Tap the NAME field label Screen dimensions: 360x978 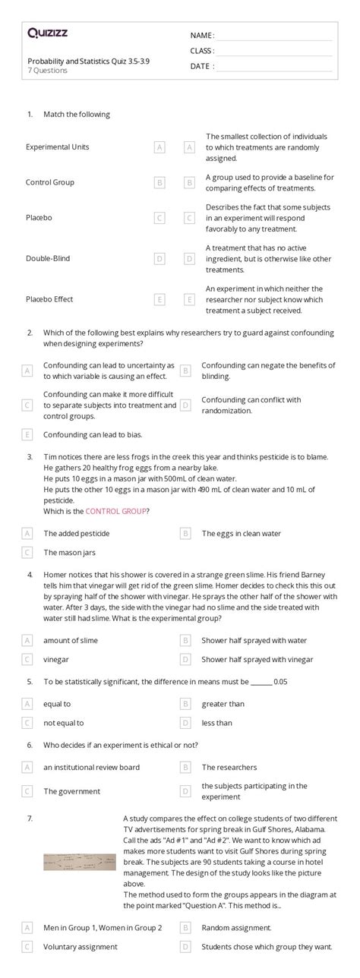pyautogui.click(x=201, y=36)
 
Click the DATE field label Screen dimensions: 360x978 pyautogui.click(x=201, y=66)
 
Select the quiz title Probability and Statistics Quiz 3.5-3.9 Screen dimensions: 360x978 pyautogui.click(x=84, y=61)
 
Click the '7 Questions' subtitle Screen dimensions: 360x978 pyautogui.click(x=47, y=71)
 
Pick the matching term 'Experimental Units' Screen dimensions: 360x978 pyautogui.click(x=57, y=147)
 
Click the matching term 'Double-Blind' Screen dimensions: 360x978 pyautogui.click(x=48, y=258)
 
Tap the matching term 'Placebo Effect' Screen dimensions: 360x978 pyautogui.click(x=49, y=299)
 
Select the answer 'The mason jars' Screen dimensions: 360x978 pyautogui.click(x=69, y=553)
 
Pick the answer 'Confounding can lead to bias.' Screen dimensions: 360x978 pyautogui.click(x=93, y=435)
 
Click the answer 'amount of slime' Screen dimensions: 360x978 pyautogui.click(x=71, y=640)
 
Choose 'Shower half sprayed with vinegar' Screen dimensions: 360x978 pyautogui.click(x=257, y=659)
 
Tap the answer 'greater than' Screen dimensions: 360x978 pyautogui.click(x=223, y=704)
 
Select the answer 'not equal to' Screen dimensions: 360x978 pyautogui.click(x=64, y=723)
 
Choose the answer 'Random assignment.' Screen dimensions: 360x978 pyautogui.click(x=236, y=928)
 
